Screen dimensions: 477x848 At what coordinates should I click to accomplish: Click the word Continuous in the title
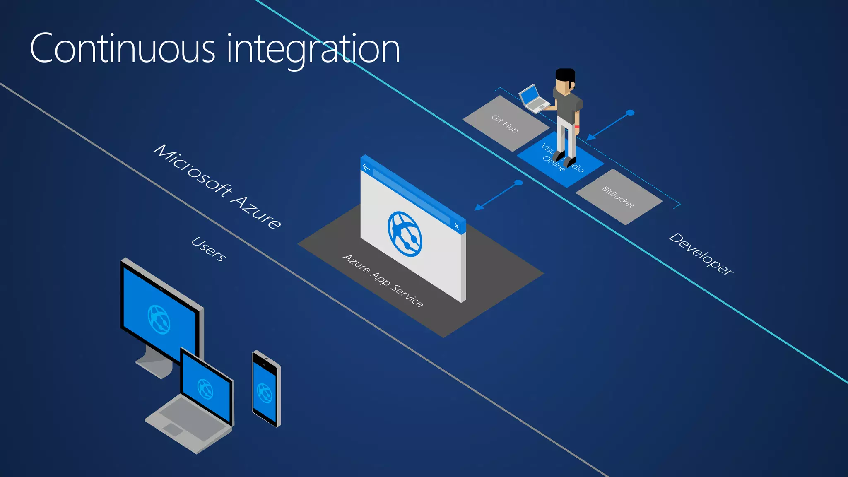(123, 49)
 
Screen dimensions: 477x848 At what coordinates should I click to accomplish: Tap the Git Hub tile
(505, 123)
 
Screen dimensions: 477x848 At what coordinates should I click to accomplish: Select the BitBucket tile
(619, 197)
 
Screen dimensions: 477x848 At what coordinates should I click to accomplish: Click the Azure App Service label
(383, 281)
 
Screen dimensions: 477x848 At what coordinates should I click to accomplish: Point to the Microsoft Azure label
(217, 186)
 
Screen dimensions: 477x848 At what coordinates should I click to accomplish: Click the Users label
(209, 249)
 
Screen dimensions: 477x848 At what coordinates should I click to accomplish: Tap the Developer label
(701, 253)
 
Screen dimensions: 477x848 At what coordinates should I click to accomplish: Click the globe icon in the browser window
(405, 234)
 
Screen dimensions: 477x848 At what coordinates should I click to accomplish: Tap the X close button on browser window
(457, 226)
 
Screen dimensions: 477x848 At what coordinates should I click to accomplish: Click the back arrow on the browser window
(366, 167)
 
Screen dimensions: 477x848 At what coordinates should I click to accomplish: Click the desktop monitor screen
(159, 315)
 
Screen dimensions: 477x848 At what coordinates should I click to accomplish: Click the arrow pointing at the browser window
(497, 195)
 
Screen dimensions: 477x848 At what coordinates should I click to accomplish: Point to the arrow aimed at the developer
(609, 126)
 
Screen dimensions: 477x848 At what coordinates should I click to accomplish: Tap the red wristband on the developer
(577, 126)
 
